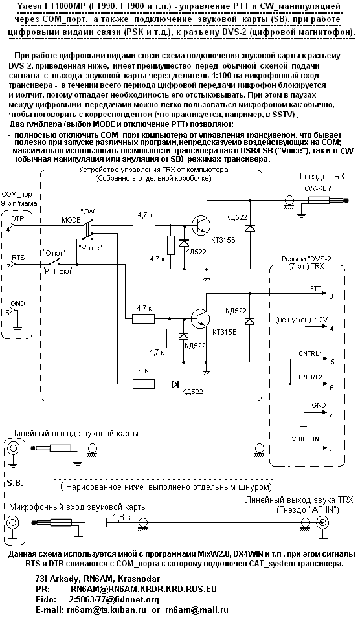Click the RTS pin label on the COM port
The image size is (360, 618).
(x=18, y=258)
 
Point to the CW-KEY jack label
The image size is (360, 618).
(x=318, y=188)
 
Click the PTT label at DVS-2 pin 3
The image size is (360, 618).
(x=315, y=289)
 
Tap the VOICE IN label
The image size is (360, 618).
(x=306, y=439)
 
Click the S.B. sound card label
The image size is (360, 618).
(x=12, y=483)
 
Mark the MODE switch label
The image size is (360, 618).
(x=71, y=219)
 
